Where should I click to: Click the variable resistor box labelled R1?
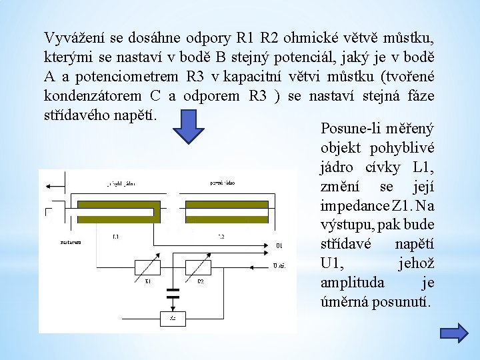[149, 268]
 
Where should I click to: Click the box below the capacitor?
[173, 319]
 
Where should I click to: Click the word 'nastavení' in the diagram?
[65, 243]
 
